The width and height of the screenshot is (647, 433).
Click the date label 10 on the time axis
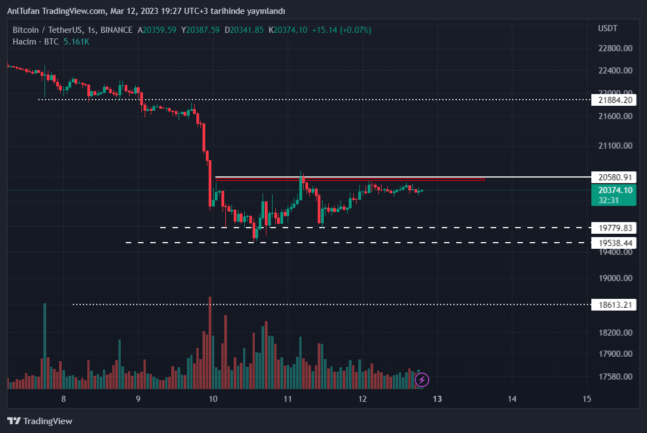coord(213,398)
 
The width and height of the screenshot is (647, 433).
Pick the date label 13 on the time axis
coord(437,398)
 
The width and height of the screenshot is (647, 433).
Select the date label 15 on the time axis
coord(586,398)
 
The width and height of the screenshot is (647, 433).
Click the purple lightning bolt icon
coord(422,380)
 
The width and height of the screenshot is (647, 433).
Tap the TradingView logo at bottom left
coord(39,421)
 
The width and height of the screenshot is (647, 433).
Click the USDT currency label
coord(608,28)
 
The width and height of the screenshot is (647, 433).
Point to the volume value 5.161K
coord(76,42)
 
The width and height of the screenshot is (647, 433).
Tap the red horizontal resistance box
coord(350,179)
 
